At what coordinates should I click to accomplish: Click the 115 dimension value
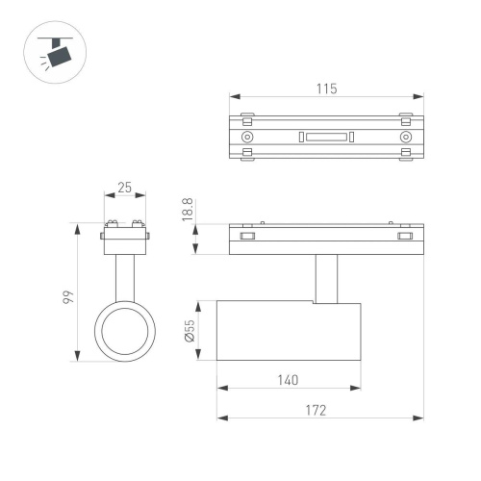point(326,89)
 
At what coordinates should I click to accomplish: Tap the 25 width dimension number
point(125,188)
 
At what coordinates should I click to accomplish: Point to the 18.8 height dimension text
point(189,210)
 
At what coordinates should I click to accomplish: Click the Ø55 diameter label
point(189,332)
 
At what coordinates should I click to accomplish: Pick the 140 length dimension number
point(289,379)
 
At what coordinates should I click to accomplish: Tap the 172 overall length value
point(317,410)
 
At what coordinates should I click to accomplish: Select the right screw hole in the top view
point(405,137)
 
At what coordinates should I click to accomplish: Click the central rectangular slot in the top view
point(326,137)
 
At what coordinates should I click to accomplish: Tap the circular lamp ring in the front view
point(125,331)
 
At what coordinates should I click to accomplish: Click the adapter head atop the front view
point(125,234)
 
